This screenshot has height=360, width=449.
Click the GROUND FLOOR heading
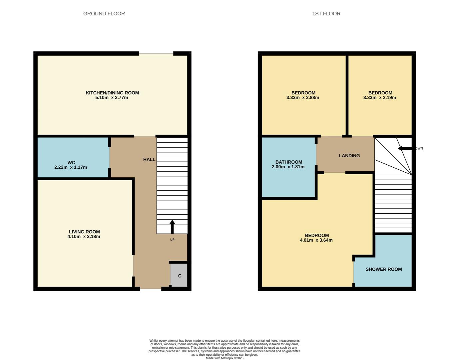click(x=104, y=14)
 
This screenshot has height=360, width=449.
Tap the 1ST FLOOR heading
click(x=326, y=14)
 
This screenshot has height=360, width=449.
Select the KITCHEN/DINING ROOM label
click(x=112, y=93)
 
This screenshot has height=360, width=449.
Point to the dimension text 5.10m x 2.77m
click(x=112, y=98)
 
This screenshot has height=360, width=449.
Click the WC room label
click(x=71, y=162)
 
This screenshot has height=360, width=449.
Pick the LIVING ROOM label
click(x=84, y=232)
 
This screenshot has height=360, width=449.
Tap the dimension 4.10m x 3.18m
click(x=84, y=237)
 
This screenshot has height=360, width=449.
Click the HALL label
click(x=149, y=160)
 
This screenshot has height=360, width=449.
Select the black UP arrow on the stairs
click(x=172, y=227)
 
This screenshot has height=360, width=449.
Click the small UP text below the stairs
click(x=172, y=240)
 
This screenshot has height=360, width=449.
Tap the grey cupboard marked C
click(x=179, y=275)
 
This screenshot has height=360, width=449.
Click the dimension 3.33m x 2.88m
click(x=303, y=98)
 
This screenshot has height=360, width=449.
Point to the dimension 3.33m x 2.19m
click(x=379, y=98)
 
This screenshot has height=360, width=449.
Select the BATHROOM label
click(x=289, y=162)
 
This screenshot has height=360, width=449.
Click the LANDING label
click(x=349, y=156)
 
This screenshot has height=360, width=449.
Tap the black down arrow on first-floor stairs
click(x=405, y=148)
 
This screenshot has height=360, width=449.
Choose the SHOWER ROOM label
click(x=384, y=269)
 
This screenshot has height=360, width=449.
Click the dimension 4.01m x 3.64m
click(x=316, y=240)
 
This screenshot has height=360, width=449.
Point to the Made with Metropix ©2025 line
click(x=224, y=358)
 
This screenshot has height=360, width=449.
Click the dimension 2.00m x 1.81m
click(x=288, y=167)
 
